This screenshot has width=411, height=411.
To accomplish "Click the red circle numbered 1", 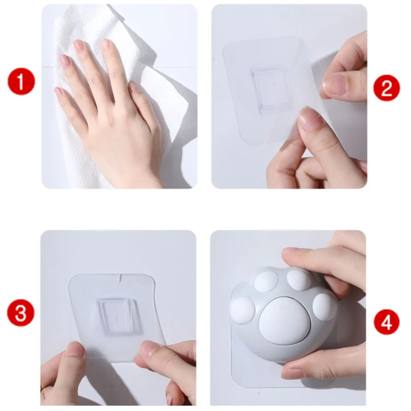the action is [21, 81].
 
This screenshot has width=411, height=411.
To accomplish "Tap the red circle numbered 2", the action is [387, 88].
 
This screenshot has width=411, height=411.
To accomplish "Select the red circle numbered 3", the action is [21, 312].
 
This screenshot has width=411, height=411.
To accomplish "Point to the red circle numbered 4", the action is [387, 322].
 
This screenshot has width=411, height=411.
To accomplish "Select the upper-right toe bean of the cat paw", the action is [299, 279].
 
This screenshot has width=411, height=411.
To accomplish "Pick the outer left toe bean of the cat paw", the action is [243, 310].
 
